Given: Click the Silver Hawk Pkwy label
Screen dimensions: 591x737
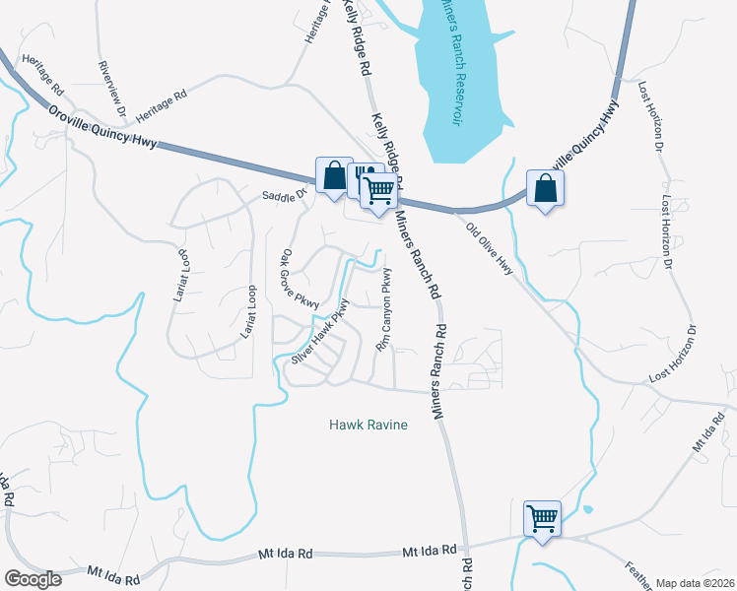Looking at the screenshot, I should pos(321,338).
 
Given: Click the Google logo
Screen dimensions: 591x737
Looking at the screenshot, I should pos(32,579).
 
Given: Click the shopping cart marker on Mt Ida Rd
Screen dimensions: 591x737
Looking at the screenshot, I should pos(542,518).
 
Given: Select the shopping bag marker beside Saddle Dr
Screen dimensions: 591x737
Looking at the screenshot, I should pos(334,176).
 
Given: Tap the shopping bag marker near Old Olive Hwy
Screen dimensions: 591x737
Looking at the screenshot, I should pos(545,188).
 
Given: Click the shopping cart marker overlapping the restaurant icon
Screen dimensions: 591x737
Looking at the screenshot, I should pos(378,190).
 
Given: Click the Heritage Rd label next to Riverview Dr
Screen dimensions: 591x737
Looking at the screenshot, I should pos(161,102).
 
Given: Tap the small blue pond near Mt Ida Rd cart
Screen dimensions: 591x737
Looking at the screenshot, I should pos(588,510).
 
